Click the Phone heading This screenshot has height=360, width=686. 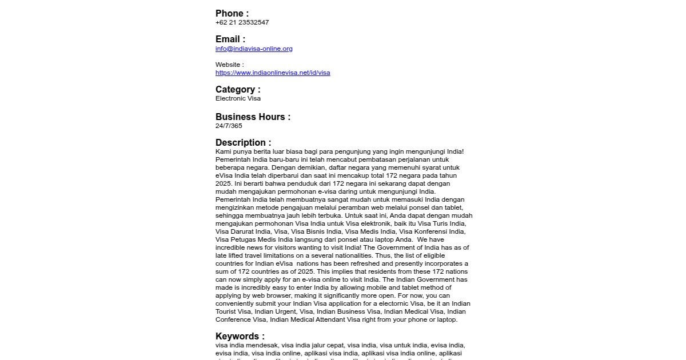(232, 13)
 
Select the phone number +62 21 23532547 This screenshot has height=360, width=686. (242, 22)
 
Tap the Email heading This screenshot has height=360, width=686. (230, 39)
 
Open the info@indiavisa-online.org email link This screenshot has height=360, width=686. (254, 49)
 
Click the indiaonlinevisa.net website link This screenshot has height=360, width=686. (273, 73)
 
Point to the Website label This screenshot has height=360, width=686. (229, 65)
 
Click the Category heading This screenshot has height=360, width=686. (238, 90)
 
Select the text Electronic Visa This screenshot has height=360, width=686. (238, 98)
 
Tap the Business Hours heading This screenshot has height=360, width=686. (253, 117)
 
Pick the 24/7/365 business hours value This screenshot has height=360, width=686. (229, 126)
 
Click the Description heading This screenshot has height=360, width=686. (243, 143)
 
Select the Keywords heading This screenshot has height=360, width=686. (240, 337)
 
